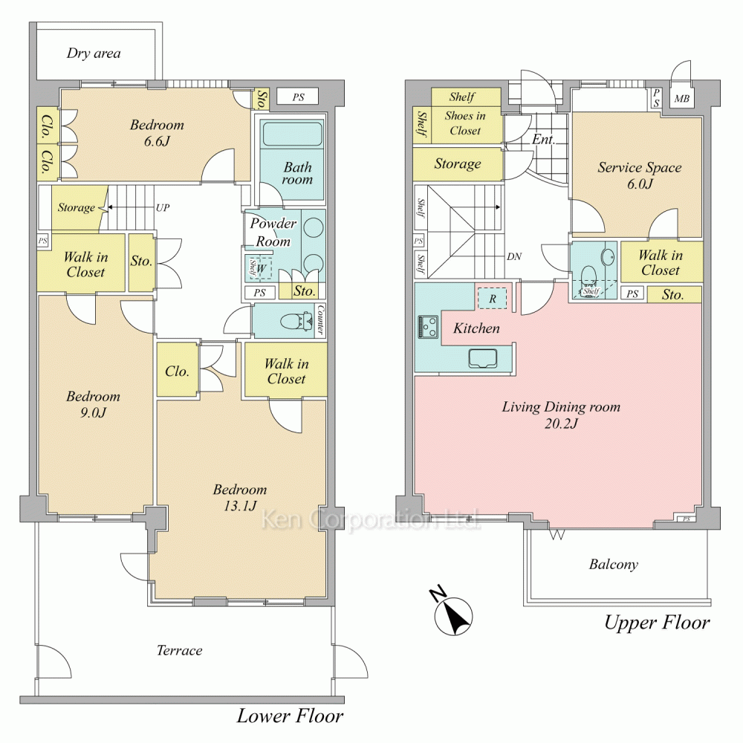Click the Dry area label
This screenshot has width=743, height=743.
tap(94, 53)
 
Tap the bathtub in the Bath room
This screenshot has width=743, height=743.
tap(292, 134)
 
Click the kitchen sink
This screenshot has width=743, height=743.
tap(483, 358)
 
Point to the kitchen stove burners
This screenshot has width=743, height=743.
tap(428, 327)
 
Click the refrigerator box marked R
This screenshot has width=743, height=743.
tap(493, 299)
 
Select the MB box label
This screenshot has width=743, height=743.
tap(681, 99)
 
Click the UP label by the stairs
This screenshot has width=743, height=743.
tap(163, 207)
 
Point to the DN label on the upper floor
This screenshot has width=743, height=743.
tap(514, 257)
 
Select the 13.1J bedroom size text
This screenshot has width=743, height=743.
tap(240, 506)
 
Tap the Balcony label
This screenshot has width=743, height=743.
tap(613, 565)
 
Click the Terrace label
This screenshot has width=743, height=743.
tap(180, 650)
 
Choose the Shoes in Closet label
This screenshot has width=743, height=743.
tap(465, 123)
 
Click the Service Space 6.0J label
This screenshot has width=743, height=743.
tap(639, 175)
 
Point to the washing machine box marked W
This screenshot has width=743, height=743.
tap(259, 267)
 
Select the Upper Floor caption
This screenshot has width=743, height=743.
tap(657, 623)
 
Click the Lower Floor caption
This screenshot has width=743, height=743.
tap(290, 716)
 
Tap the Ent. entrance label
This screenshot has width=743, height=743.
tap(543, 140)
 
